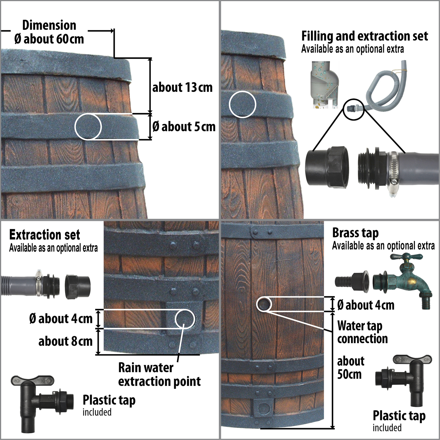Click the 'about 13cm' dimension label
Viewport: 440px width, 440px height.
[x=182, y=87]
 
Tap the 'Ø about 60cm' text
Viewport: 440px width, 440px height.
[x=49, y=39]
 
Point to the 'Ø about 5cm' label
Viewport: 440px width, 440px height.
[x=184, y=127]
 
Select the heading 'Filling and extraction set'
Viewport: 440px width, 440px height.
[x=365, y=36]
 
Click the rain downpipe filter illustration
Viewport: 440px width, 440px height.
[x=325, y=85]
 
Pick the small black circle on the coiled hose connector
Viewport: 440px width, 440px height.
[x=353, y=109]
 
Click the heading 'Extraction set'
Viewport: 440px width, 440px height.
[x=45, y=235]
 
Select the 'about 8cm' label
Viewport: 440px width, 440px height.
[x=65, y=341]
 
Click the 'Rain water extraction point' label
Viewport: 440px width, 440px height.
[x=160, y=375]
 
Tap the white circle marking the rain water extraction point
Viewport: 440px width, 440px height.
[x=185, y=319]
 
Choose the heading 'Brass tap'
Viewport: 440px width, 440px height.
[x=356, y=233]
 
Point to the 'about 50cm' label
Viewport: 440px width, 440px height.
[x=351, y=368]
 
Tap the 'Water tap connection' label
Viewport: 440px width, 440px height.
[x=363, y=332]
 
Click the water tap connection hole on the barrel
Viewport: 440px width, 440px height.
[x=264, y=304]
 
